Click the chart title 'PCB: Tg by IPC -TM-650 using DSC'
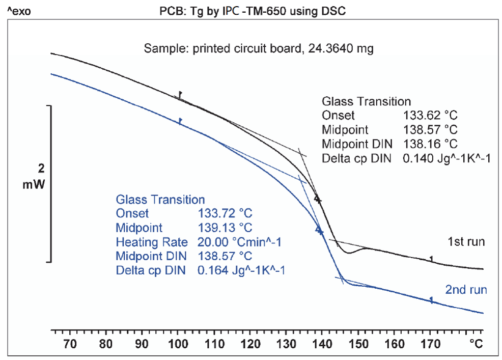pos(253,11)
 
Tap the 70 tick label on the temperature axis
pos(70,344)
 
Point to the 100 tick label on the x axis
pos(178,344)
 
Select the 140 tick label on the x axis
pos(322,344)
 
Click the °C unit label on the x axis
pos(476,344)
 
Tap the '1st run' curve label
pos(466,241)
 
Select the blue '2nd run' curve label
pos(466,290)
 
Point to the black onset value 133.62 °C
pos(430,116)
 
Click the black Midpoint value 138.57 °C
pos(430,130)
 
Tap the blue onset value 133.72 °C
pos(225,213)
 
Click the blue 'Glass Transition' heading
pos(160,200)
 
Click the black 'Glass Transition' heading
pos(366,102)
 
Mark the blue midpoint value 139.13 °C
pos(225,228)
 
